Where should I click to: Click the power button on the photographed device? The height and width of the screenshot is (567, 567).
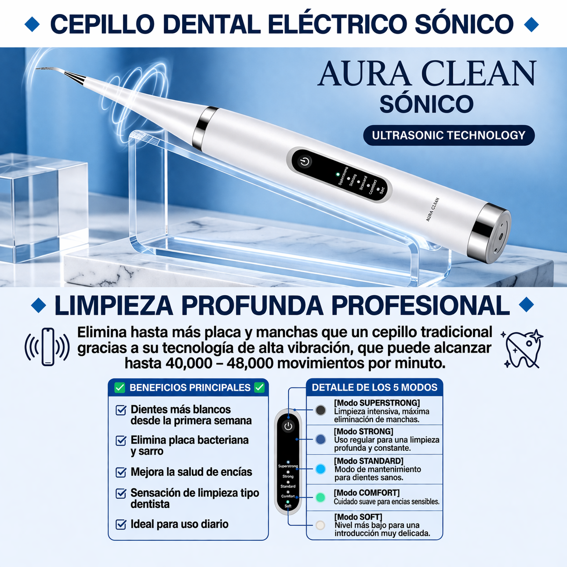pos(304,161)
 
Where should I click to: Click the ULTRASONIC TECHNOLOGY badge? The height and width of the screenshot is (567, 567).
pos(449,135)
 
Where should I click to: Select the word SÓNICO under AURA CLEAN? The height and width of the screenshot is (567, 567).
pos(426,104)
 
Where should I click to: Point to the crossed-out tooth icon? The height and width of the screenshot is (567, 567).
pos(523,349)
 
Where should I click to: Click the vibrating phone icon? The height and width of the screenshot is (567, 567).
pos(47,347)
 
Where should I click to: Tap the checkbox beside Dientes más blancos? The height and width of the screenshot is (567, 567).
pos(121,410)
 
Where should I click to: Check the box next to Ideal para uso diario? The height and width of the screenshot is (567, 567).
pos(121,524)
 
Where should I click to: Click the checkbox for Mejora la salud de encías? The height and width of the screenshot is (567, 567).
pos(121,472)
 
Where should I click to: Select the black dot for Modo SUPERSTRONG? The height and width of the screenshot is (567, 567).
pos(321,410)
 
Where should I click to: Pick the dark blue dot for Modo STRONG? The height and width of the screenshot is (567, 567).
pos(321,439)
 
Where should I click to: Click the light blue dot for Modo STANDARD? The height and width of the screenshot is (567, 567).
pos(321,469)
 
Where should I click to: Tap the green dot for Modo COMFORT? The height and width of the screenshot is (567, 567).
pos(321,497)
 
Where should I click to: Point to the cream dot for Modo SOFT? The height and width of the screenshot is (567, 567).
pos(321,525)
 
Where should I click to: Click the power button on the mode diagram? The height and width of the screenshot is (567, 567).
pos(288,426)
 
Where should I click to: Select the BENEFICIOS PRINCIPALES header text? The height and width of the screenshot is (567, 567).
pos(190,387)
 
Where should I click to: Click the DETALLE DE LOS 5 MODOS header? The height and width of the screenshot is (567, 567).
pos(374,387)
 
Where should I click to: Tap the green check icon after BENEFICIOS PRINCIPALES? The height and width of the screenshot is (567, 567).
pos(260,387)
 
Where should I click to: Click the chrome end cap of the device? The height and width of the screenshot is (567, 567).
pos(491,233)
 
